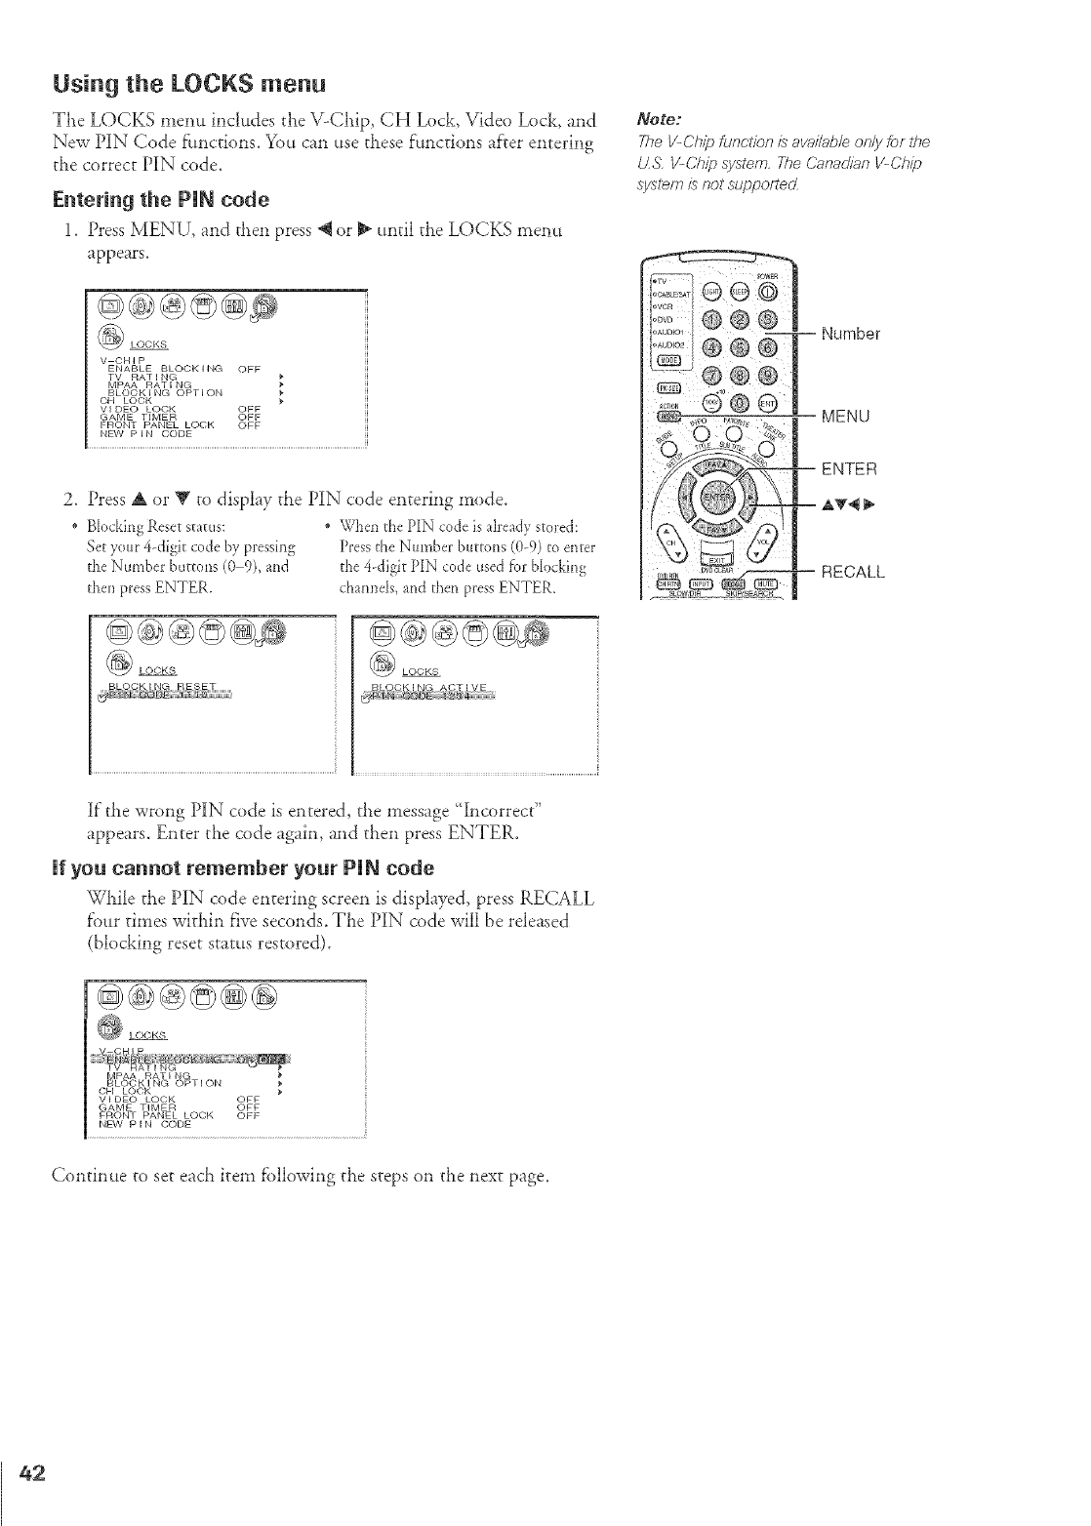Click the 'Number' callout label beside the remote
click(x=850, y=335)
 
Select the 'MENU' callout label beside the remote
click(x=845, y=418)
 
